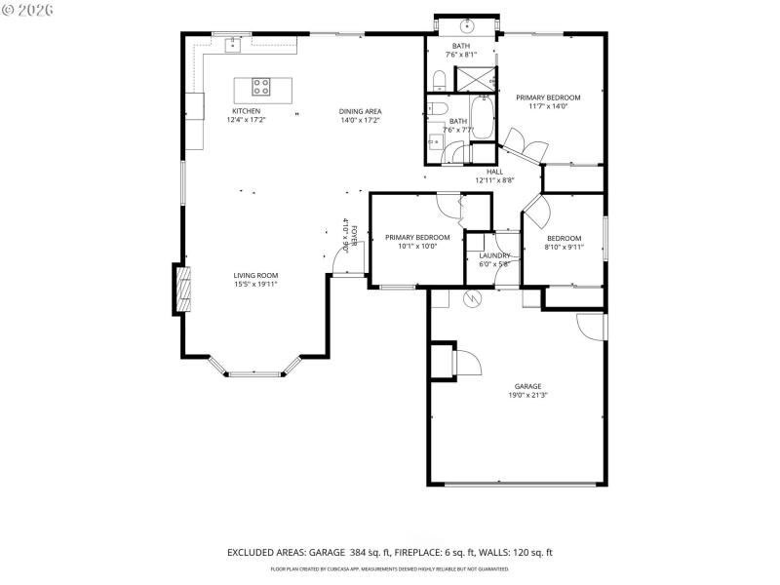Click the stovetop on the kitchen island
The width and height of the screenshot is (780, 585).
261,87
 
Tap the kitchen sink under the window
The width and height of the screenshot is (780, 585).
233,44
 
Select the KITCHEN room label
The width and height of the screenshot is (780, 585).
246,111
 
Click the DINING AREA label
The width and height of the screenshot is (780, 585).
360,111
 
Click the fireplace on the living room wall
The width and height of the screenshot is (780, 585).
181,289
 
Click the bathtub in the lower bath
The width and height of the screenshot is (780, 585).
480,114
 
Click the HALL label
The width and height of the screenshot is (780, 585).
494,172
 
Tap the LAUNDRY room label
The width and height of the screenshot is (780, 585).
494,255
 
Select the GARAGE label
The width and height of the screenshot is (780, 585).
527,386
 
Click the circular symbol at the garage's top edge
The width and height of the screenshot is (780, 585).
471,298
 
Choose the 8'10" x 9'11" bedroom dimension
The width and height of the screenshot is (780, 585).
564,248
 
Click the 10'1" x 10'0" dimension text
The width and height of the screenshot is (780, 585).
417,246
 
